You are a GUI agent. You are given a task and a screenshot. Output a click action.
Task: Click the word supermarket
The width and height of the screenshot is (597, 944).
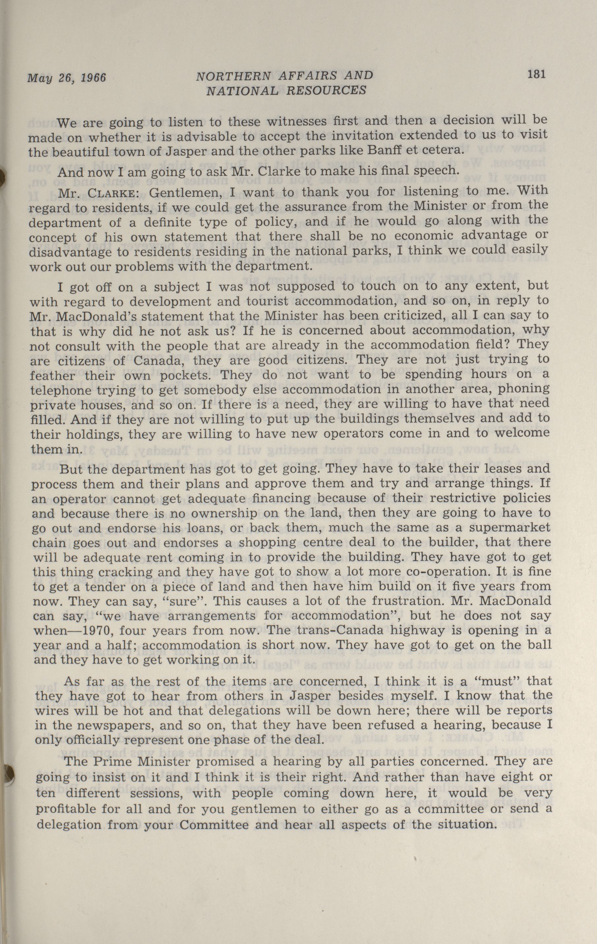[518, 527]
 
